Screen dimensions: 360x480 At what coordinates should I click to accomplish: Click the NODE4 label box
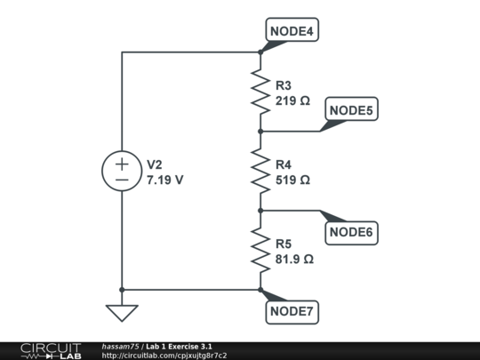pyautogui.click(x=292, y=31)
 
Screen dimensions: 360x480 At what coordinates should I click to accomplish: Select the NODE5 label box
pyautogui.click(x=352, y=110)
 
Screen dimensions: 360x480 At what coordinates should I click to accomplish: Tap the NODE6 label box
pyautogui.click(x=352, y=233)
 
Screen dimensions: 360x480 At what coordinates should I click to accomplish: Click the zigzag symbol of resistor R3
pyautogui.click(x=260, y=92)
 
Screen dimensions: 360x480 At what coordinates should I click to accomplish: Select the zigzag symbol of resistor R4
pyautogui.click(x=260, y=171)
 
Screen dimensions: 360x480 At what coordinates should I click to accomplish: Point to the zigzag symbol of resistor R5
pyautogui.click(x=260, y=250)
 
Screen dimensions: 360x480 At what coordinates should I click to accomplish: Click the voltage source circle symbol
pyautogui.click(x=121, y=171)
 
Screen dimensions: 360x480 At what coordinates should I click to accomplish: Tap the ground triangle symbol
pyautogui.click(x=121, y=312)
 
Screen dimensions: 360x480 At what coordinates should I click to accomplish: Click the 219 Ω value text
pyautogui.click(x=293, y=101)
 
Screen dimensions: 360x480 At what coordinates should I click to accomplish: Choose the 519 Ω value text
pyautogui.click(x=293, y=180)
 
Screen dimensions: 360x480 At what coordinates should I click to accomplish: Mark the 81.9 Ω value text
pyautogui.click(x=295, y=260)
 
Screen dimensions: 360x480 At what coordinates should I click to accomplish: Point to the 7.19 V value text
pyautogui.click(x=165, y=180)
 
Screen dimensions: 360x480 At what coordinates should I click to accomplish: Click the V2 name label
pyautogui.click(x=155, y=165)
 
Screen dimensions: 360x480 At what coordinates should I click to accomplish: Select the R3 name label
pyautogui.click(x=284, y=86)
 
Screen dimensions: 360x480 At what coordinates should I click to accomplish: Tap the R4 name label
pyautogui.click(x=284, y=164)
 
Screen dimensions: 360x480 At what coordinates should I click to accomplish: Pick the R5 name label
pyautogui.click(x=284, y=244)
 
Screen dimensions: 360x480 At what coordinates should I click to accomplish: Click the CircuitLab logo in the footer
pyautogui.click(x=50, y=350)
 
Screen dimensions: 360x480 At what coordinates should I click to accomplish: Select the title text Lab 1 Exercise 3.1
pyautogui.click(x=180, y=346)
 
